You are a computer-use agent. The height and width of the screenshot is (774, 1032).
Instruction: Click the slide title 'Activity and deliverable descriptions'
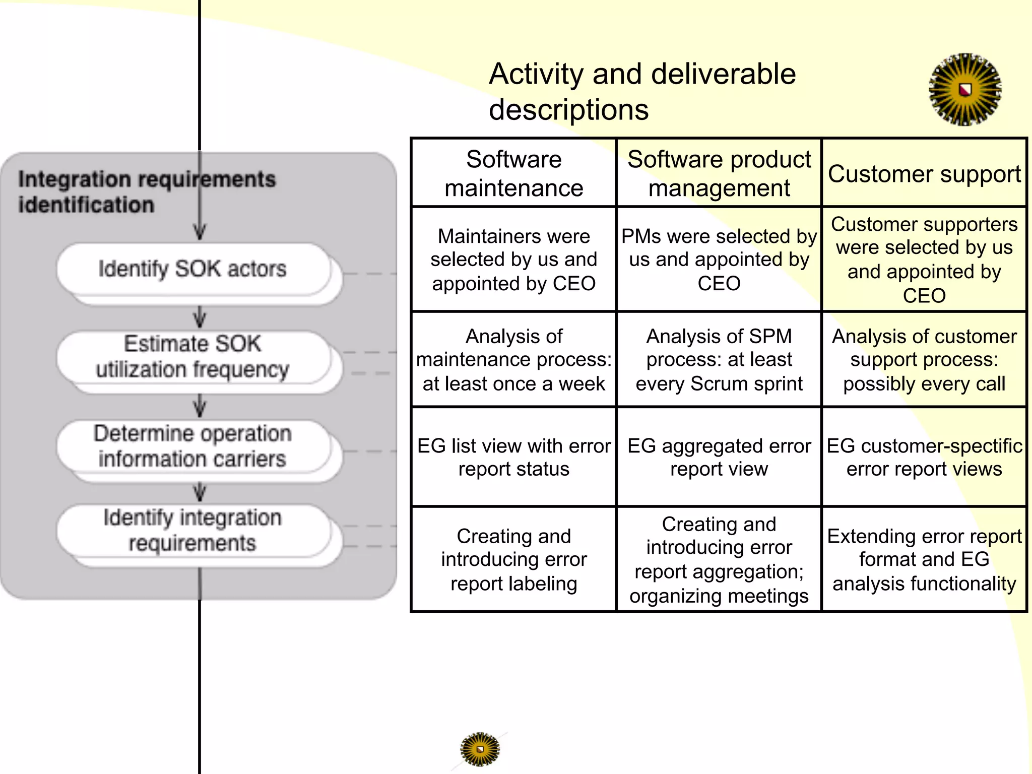pos(642,92)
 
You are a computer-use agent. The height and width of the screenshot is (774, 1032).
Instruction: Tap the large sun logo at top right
pos(964,90)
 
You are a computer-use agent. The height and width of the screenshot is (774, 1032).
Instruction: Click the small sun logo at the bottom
pos(480,749)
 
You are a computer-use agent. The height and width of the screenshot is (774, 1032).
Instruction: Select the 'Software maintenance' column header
pos(513,173)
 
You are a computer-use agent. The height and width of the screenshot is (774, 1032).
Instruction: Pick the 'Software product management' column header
pos(719,173)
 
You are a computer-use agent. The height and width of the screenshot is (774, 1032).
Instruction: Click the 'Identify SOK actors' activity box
pos(192,269)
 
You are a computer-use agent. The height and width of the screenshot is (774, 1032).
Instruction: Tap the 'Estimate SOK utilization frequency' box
pos(192,357)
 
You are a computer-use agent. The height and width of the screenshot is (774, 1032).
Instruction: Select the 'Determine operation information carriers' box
pos(192,446)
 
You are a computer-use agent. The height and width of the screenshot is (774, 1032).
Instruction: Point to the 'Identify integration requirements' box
pos(192,531)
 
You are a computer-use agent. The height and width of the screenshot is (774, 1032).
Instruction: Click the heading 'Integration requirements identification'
pos(146,192)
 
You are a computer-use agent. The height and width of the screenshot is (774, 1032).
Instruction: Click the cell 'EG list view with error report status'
pos(513,457)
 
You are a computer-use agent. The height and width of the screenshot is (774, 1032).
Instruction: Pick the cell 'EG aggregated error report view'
pos(719,457)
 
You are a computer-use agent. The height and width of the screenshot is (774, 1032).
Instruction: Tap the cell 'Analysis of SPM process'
pos(719,360)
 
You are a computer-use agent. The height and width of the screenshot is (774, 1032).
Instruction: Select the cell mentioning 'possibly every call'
pos(924,360)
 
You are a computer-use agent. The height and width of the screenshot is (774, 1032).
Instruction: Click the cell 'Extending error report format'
pos(924,559)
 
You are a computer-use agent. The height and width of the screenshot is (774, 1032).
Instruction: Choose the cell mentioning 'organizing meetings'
pos(719,559)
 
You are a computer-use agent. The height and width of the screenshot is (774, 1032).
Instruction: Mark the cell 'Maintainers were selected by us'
pos(513,260)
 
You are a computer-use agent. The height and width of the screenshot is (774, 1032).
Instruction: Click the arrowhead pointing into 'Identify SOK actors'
pos(200,233)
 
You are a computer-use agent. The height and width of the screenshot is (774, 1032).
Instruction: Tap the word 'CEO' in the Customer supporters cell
pos(924,296)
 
